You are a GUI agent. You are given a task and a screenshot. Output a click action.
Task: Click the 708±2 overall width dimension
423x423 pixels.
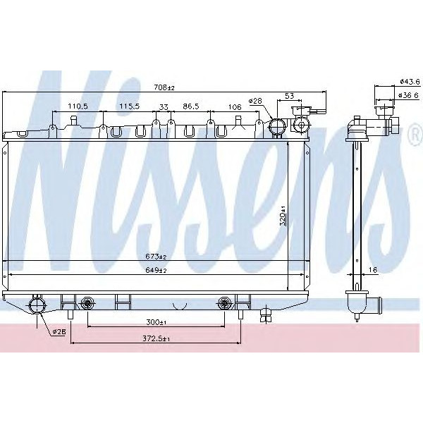pos(164,88)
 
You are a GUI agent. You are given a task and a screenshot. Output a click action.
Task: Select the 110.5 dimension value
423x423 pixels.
pos(78,106)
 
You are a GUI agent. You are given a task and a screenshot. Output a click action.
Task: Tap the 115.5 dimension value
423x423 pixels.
pos(129,106)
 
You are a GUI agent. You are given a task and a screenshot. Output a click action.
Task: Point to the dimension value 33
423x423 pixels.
pos(164,106)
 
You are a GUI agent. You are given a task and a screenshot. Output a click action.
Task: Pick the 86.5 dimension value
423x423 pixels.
pos(190,106)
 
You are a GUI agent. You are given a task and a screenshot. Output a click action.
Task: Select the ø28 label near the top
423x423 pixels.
pos(255,101)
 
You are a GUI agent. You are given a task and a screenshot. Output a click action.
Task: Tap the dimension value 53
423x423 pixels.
pos(290,94)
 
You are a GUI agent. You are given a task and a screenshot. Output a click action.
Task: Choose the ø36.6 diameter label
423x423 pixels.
pos(409,95)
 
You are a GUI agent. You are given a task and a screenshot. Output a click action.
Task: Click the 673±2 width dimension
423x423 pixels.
pos(156,257)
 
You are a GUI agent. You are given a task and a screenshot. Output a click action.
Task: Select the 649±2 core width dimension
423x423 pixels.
pos(156,269)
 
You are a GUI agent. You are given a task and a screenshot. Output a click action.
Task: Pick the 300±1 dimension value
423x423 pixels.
pos(155,322)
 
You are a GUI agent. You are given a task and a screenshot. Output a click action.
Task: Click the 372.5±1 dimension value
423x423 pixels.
pos(155,339)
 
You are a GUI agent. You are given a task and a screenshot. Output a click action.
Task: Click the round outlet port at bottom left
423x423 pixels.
pos(36,305)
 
